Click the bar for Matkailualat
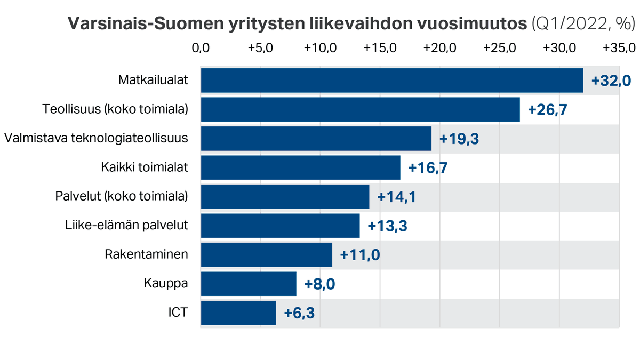392,81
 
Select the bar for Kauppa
249,284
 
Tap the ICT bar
238,313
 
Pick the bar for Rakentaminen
267,255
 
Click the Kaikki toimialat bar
300,167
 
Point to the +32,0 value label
611,81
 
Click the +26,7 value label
547,110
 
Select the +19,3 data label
459,139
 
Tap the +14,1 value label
396,197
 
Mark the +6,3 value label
299,313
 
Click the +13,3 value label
388,226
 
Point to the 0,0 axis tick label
201,48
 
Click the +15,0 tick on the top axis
380,48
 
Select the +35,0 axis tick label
619,48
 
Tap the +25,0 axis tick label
499,48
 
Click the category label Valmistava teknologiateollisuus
96,139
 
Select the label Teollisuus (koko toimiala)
115,110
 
